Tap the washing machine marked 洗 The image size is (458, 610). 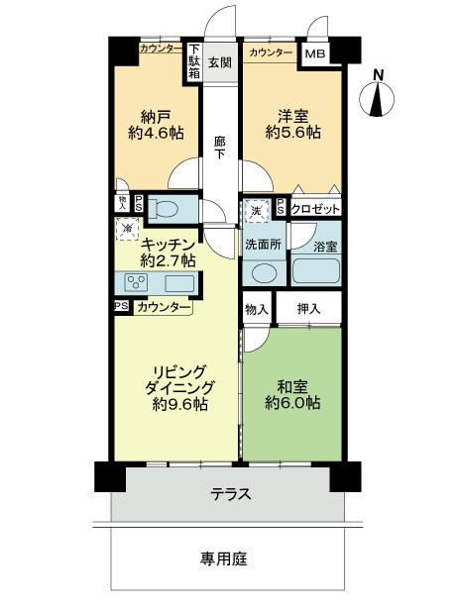click(x=256, y=211)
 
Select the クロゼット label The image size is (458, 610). click(x=316, y=208)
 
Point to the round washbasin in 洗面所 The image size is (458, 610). click(x=264, y=272)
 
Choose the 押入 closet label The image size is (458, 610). click(x=308, y=310)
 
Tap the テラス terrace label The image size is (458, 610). click(x=230, y=493)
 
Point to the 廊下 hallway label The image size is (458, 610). click(x=219, y=149)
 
